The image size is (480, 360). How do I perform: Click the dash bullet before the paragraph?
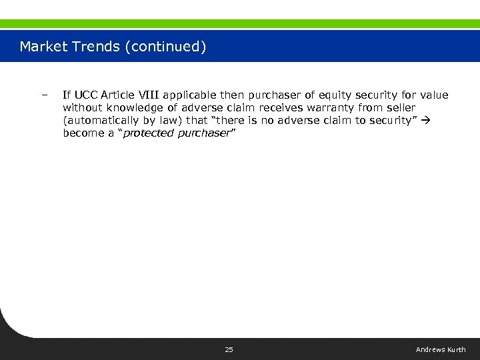[x=44, y=95]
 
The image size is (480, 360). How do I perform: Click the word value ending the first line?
[x=434, y=95]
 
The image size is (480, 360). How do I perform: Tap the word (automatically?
[x=99, y=121]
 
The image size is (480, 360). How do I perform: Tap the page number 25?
[x=229, y=350]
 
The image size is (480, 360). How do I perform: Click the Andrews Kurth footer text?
[x=441, y=350]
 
